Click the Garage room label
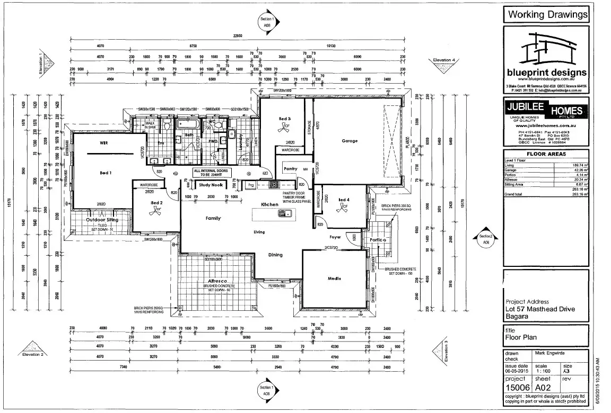pos(350,141)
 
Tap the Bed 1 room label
pos(106,173)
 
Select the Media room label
pos(334,279)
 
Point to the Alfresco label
pos(217,281)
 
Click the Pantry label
pos(290,168)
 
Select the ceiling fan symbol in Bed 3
pos(286,127)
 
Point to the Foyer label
pos(335,237)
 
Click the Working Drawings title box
pos(547,14)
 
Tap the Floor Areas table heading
pos(546,154)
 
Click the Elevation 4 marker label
pos(444,60)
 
